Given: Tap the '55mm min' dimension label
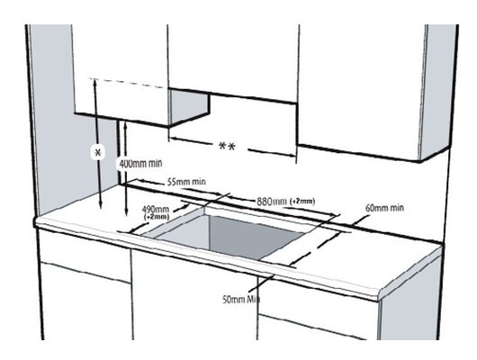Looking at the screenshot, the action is click(186, 182).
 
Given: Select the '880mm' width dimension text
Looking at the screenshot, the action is click(273, 201).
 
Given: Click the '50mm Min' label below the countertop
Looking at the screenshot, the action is click(241, 298).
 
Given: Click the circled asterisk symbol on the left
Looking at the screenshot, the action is click(99, 152).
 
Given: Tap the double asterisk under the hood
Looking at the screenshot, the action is click(227, 146).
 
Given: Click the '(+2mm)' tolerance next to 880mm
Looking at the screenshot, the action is click(303, 201).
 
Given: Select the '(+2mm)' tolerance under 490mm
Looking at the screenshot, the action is click(156, 217).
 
